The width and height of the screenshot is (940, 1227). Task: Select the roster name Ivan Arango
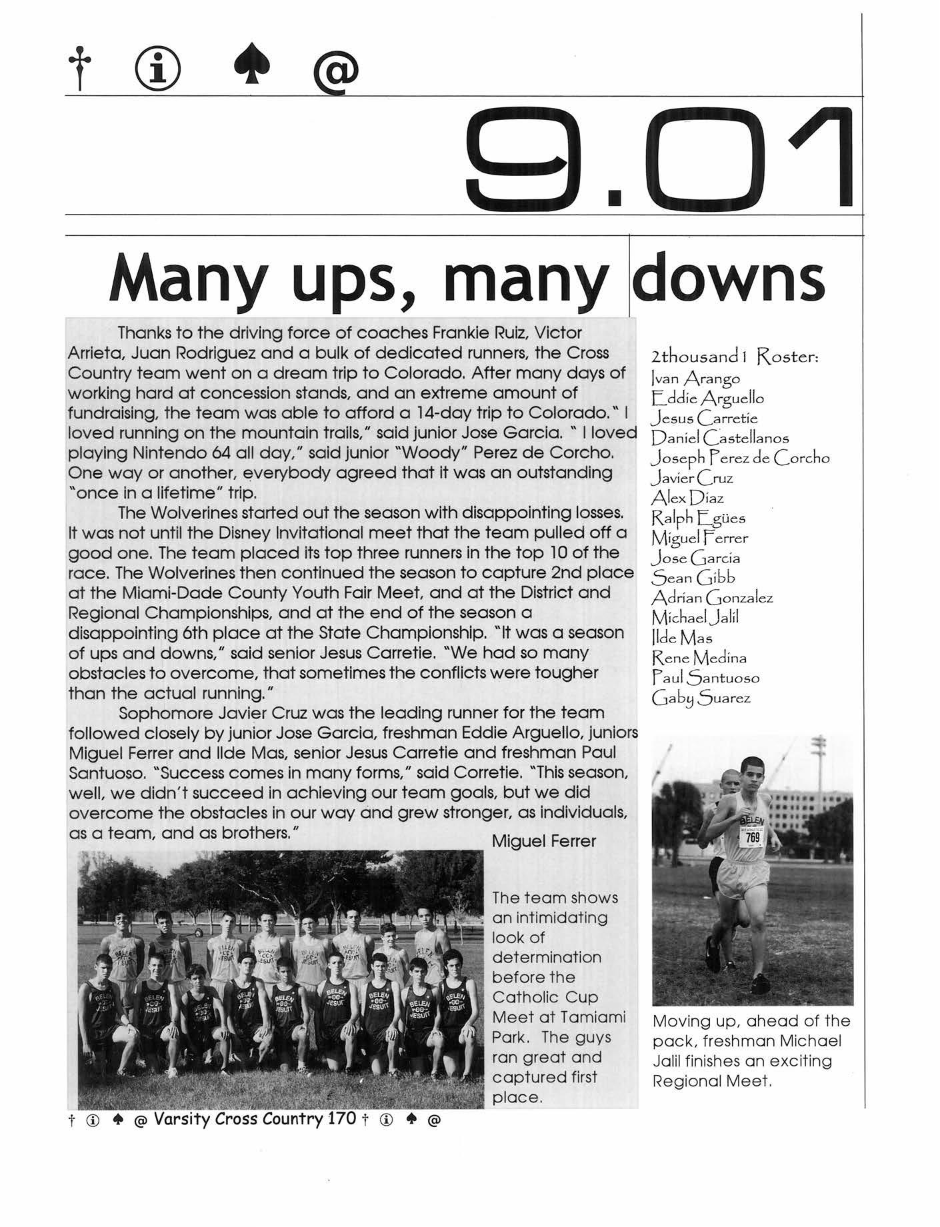[695, 379]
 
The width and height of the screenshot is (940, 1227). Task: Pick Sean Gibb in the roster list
[693, 578]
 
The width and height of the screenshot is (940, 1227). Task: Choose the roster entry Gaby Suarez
[701, 698]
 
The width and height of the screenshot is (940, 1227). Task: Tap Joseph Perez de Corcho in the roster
[740, 459]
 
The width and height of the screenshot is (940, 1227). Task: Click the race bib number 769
[753, 837]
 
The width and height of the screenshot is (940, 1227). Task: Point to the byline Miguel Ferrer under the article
[543, 841]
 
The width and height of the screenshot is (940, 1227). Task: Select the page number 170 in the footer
[343, 1118]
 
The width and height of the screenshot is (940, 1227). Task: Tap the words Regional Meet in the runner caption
[711, 1081]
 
